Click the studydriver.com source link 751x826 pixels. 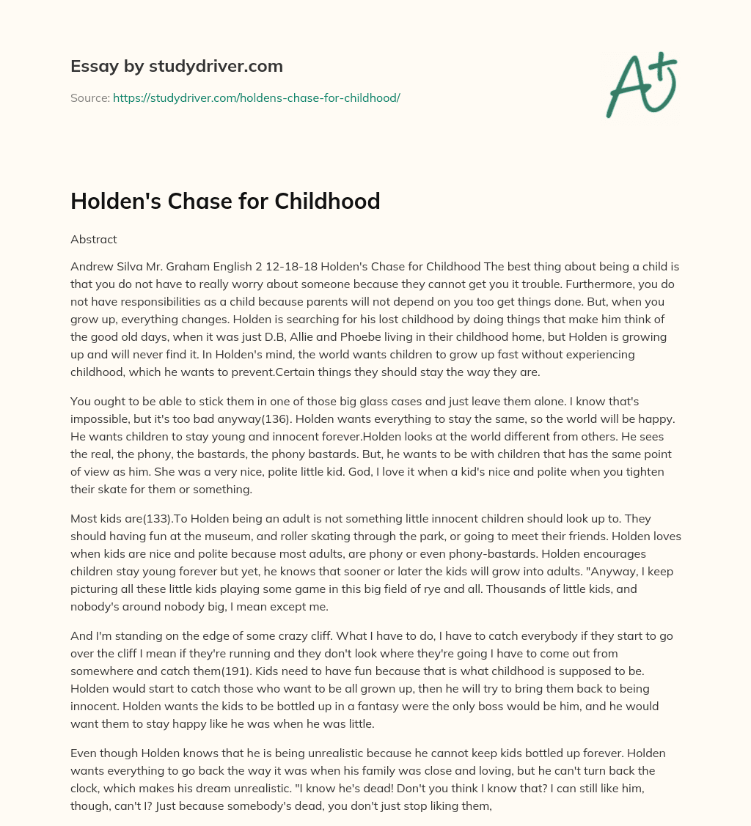click(x=256, y=97)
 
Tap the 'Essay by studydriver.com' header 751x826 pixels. click(x=176, y=66)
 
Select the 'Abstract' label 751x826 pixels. click(x=94, y=239)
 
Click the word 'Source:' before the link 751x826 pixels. click(x=90, y=97)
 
